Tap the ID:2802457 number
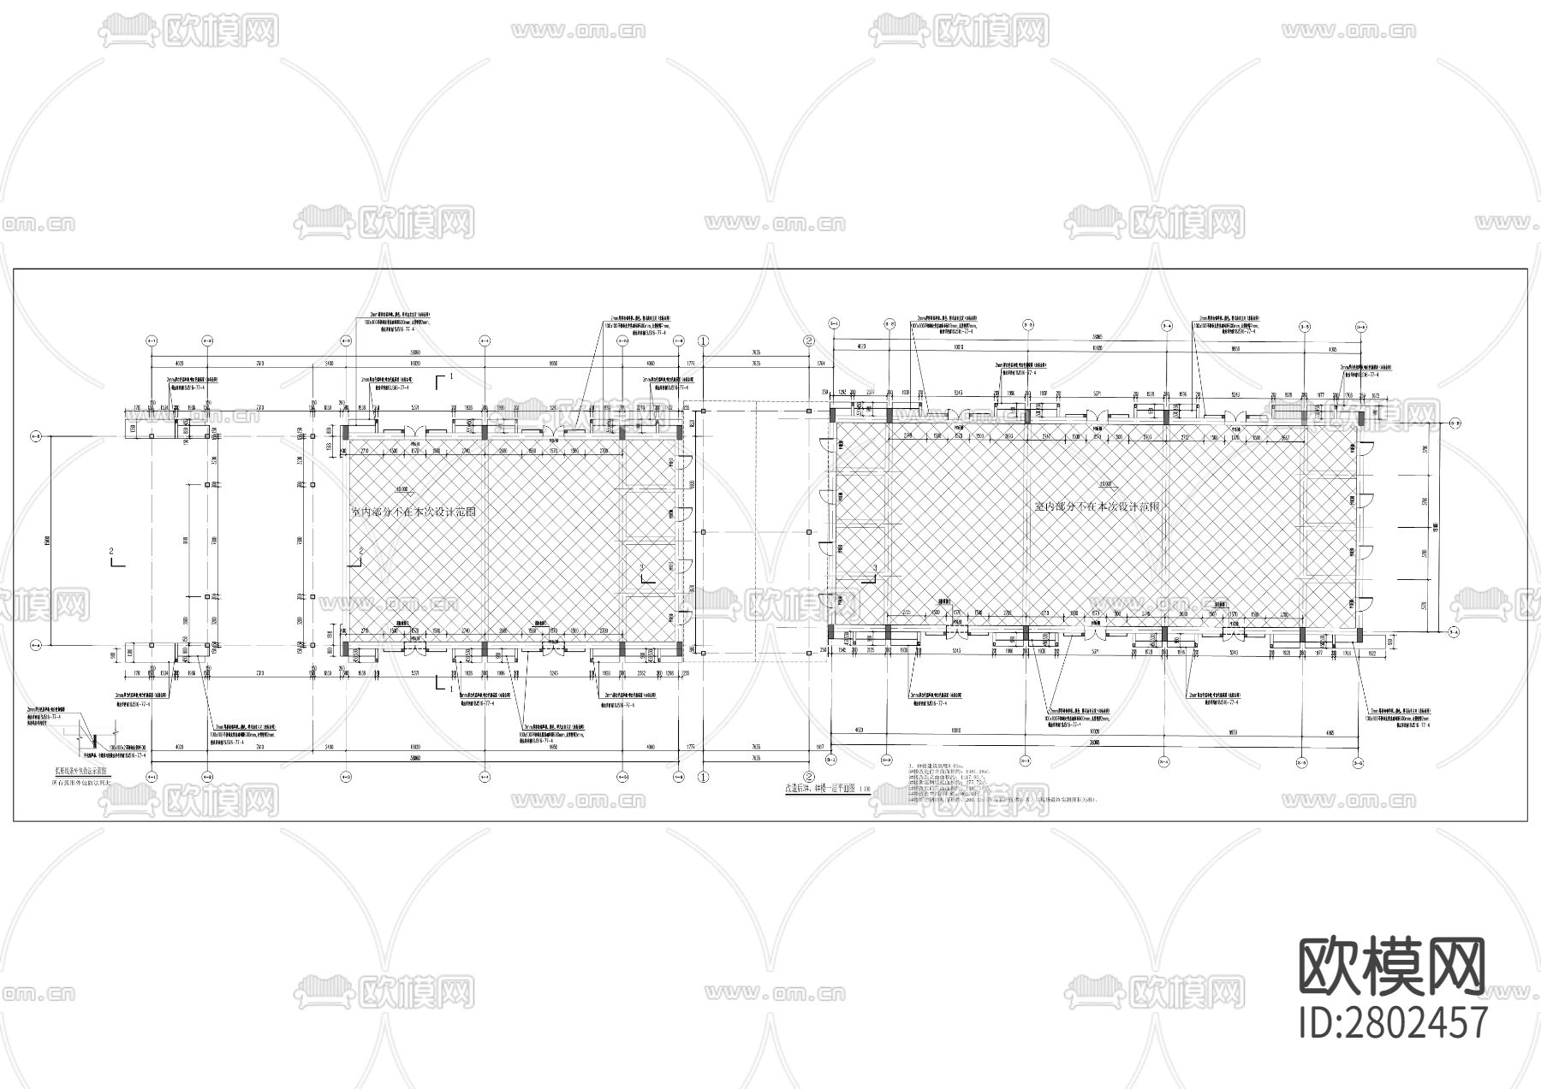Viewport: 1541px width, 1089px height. click(1393, 1022)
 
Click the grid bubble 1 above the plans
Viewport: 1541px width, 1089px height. click(704, 340)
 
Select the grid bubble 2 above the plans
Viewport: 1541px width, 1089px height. click(808, 340)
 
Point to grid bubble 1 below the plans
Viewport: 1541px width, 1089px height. click(704, 778)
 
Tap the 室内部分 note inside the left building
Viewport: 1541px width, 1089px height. click(414, 512)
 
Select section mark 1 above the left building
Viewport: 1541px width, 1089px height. click(443, 378)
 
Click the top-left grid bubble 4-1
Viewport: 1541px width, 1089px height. click(152, 340)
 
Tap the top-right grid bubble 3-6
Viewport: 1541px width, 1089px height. click(1361, 325)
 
